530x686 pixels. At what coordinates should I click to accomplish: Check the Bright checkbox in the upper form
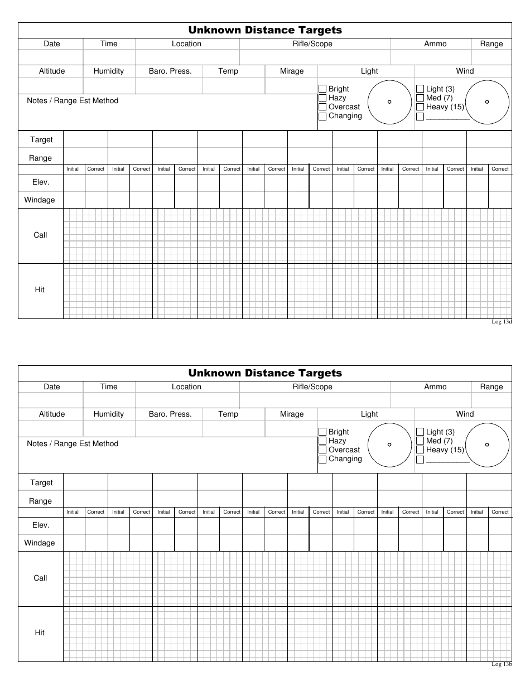coord(322,89)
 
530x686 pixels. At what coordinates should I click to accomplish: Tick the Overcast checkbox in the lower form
coord(322,450)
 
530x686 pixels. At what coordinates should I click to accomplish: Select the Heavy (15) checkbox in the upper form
coord(420,107)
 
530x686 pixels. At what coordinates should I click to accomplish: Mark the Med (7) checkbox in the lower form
coord(420,441)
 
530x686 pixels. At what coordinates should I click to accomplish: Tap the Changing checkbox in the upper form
coord(322,117)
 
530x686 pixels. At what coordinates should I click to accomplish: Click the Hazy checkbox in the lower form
coord(322,441)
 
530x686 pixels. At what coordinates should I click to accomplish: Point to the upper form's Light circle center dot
coord(389,102)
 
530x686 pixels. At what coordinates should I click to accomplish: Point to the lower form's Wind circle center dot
coord(487,445)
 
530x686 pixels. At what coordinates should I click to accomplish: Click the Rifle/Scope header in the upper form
coord(312,44)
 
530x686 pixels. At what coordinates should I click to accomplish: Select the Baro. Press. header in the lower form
coord(170,414)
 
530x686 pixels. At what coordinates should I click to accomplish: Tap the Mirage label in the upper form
coord(292,71)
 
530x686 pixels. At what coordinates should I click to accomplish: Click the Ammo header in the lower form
coord(435,387)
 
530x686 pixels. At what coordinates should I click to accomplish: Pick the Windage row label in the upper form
coord(40,200)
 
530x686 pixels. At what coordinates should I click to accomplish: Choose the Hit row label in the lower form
coord(40,633)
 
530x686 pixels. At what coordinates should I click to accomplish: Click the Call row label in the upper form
coord(40,235)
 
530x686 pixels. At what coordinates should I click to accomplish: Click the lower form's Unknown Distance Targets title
coord(265,373)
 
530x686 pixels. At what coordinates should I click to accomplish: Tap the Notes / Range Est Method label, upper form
coord(73,101)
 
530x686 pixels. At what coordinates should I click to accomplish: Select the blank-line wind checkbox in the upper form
coord(420,117)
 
